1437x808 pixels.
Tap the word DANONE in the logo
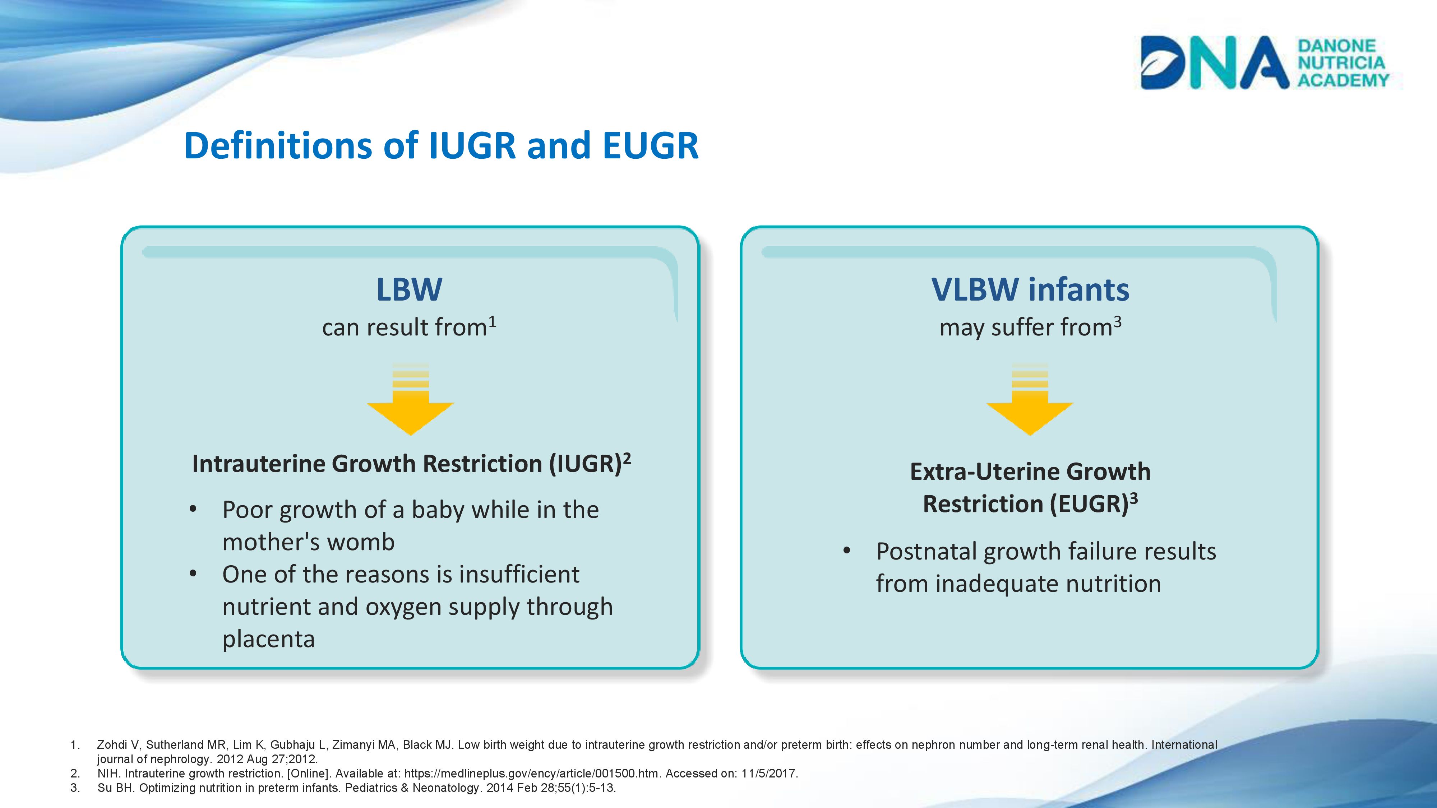[1336, 46]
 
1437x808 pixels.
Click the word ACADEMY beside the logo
[1343, 80]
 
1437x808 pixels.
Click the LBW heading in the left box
[410, 289]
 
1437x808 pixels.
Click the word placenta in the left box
[269, 639]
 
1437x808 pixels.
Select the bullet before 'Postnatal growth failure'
[847, 551]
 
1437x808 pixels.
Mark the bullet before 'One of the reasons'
[193, 574]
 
